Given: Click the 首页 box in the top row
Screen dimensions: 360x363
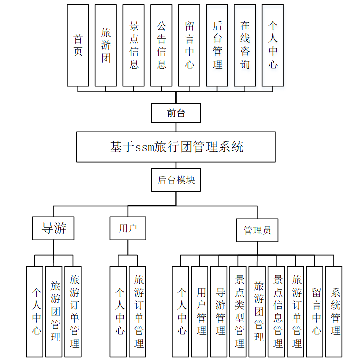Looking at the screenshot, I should [x=78, y=45].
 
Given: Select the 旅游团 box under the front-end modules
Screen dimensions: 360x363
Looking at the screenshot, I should [x=106, y=45].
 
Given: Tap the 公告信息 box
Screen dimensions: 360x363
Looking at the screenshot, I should [x=161, y=45].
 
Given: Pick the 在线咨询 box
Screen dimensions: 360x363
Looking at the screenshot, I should [x=245, y=45].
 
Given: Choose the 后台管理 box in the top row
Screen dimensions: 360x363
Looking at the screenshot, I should [x=217, y=45].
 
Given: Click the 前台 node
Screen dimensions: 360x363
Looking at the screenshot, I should [x=176, y=113].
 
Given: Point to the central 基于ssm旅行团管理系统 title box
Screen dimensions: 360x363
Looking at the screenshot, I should [x=176, y=147].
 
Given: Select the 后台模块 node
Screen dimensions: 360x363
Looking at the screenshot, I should [x=176, y=180].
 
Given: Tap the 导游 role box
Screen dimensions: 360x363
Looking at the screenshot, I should [x=53, y=229].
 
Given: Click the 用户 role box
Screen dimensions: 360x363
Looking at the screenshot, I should [x=128, y=229].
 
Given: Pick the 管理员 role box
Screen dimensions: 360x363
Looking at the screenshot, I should [x=257, y=230].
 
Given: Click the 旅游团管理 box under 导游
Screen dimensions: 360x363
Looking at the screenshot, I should [x=54, y=311].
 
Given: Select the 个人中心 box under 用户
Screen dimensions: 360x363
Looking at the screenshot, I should [x=118, y=311].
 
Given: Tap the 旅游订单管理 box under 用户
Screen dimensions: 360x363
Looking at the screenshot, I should [x=137, y=311].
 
